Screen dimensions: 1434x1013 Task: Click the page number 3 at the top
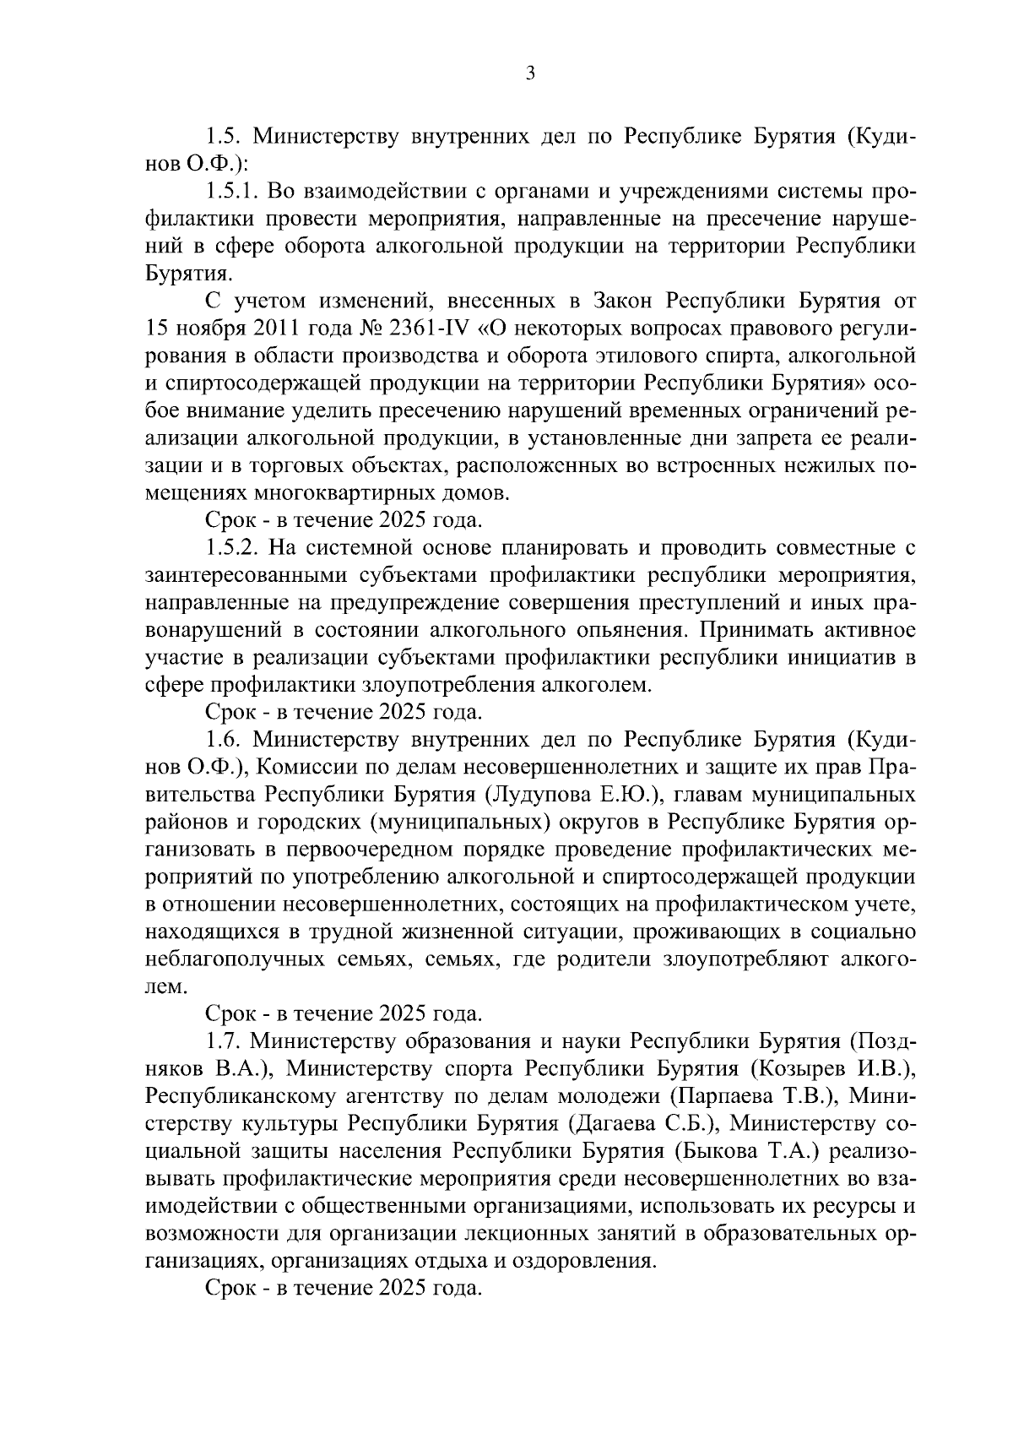click(x=529, y=73)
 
